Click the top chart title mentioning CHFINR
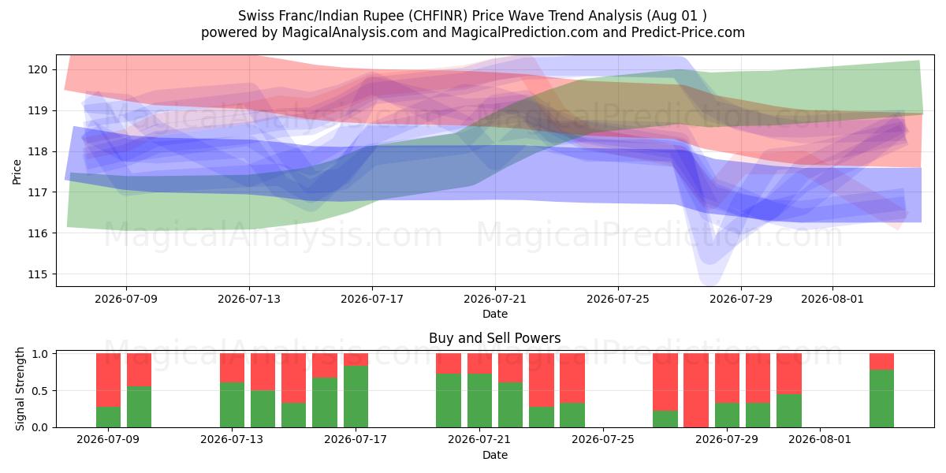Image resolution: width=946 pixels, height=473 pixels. tap(472, 16)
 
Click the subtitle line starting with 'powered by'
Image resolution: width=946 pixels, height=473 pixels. tap(472, 32)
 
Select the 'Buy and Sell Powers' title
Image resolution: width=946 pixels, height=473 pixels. tap(494, 338)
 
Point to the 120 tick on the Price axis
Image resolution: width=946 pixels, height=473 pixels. tap(38, 69)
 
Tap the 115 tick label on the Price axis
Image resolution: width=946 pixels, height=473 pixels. tap(38, 274)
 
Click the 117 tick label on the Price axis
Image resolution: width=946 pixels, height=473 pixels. tap(38, 192)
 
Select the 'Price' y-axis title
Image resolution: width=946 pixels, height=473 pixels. tap(17, 172)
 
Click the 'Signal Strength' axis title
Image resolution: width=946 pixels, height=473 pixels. tap(20, 389)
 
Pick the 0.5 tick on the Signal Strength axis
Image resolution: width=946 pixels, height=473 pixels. tap(40, 391)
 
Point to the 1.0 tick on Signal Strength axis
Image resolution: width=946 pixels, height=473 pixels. tap(40, 354)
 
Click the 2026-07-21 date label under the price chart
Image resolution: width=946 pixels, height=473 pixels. tap(495, 299)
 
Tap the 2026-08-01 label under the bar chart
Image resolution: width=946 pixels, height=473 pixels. tap(820, 440)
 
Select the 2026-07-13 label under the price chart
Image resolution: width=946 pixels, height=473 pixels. tap(249, 299)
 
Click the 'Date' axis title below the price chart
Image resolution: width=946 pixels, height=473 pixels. tap(495, 314)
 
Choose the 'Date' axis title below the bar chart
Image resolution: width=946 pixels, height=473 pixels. tap(495, 455)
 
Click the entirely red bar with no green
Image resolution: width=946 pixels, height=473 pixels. tap(696, 390)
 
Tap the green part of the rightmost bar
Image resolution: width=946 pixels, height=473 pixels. tap(882, 399)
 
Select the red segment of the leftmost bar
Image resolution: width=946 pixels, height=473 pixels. tap(109, 380)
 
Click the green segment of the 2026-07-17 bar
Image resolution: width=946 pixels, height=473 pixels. tap(356, 397)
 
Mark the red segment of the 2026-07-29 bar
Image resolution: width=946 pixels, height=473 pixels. tap(727, 378)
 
